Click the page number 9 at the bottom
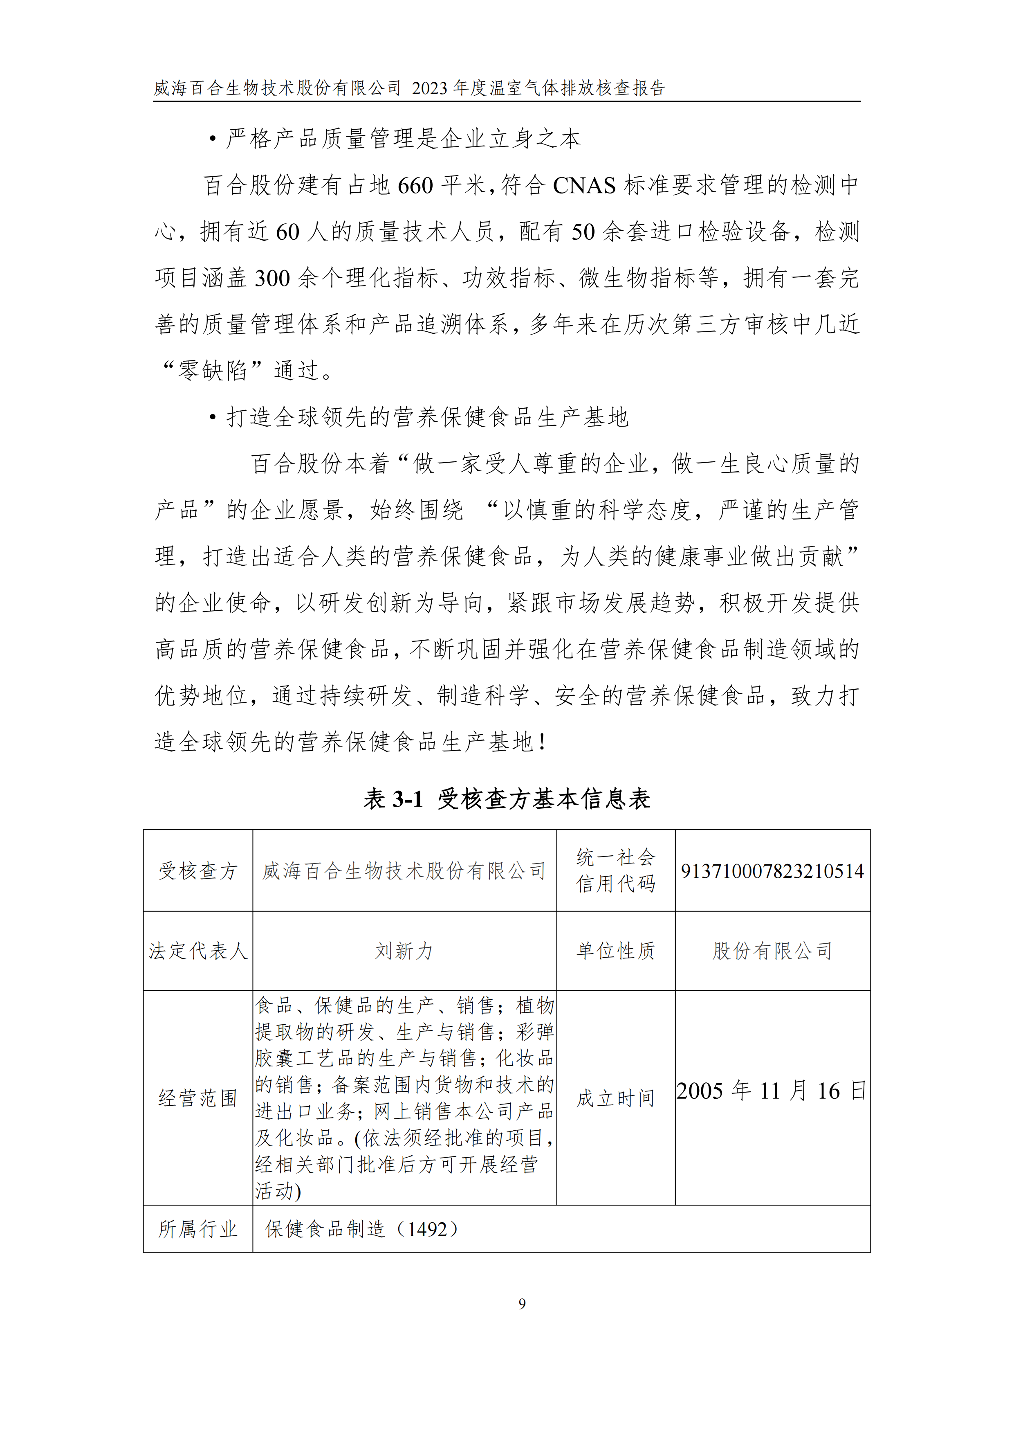coord(522,1304)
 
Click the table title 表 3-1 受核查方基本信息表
coord(507,799)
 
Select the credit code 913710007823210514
coord(772,870)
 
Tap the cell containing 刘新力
coord(404,951)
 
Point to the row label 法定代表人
coord(197,951)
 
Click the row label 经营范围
coord(197,1098)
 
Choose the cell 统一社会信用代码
coord(615,870)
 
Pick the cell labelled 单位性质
coord(615,951)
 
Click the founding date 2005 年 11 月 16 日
coord(772,1091)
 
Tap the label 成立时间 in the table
coord(615,1098)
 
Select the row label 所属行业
coord(197,1229)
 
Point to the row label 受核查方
coord(197,870)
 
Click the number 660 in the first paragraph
coord(415,186)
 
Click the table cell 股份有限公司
coord(772,951)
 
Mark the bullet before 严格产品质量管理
coord(213,139)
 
